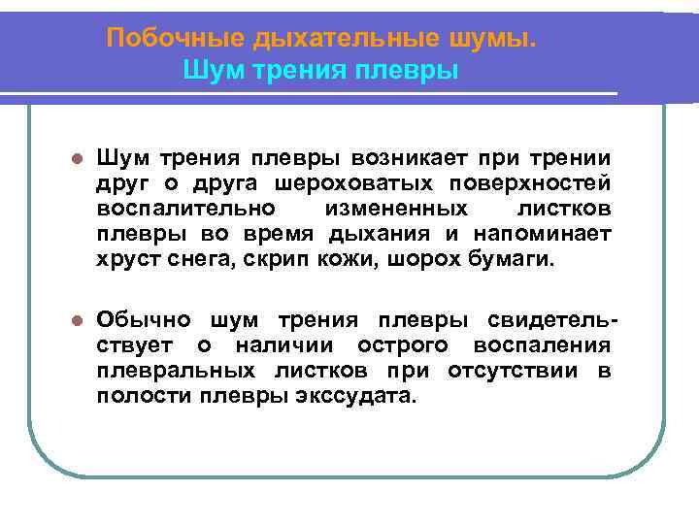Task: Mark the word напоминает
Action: click(543, 234)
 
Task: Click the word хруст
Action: click(124, 259)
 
